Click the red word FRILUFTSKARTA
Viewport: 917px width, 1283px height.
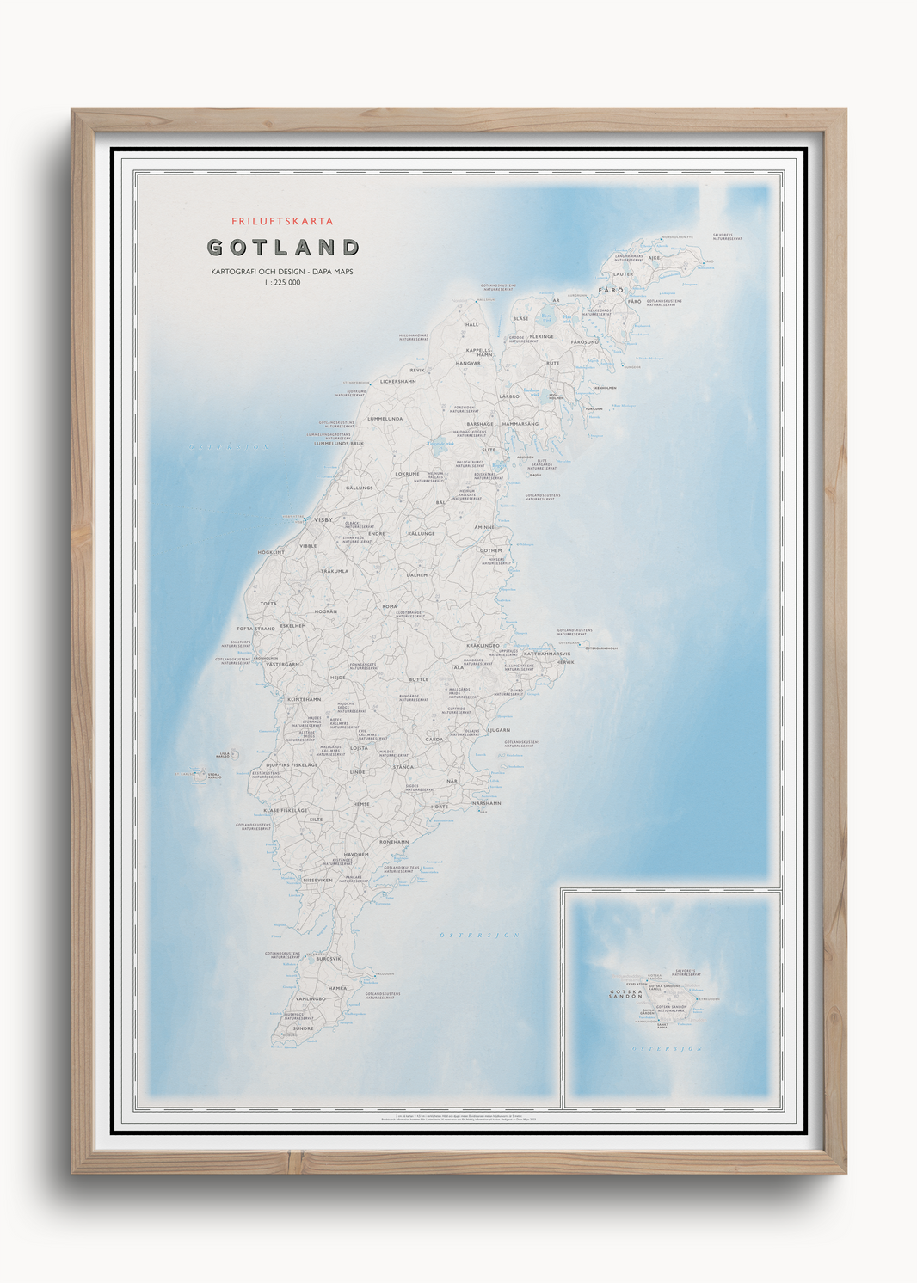[x=282, y=222]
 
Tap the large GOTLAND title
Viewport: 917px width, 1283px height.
[x=283, y=248]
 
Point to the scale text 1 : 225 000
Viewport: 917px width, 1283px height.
[x=282, y=283]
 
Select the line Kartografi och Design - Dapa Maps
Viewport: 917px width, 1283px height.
[x=282, y=272]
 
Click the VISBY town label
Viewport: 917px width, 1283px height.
[x=323, y=520]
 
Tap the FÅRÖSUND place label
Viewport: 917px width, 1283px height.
[x=584, y=342]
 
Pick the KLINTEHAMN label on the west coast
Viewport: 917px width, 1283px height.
[x=304, y=699]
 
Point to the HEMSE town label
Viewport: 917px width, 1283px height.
[x=361, y=804]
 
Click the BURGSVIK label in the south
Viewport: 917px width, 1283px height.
[x=329, y=959]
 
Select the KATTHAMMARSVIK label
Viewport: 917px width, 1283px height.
[x=547, y=654]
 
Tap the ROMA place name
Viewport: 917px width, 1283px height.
[x=390, y=606]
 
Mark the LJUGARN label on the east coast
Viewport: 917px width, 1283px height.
[x=499, y=730]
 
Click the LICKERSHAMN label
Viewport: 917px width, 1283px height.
[x=397, y=381]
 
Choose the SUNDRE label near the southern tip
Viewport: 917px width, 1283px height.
[x=303, y=1028]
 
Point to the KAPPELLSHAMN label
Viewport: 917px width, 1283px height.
[x=479, y=353]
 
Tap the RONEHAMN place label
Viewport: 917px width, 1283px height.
[x=394, y=842]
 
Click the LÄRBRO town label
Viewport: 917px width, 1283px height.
[x=509, y=396]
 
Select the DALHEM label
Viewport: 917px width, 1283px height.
[x=416, y=574]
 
